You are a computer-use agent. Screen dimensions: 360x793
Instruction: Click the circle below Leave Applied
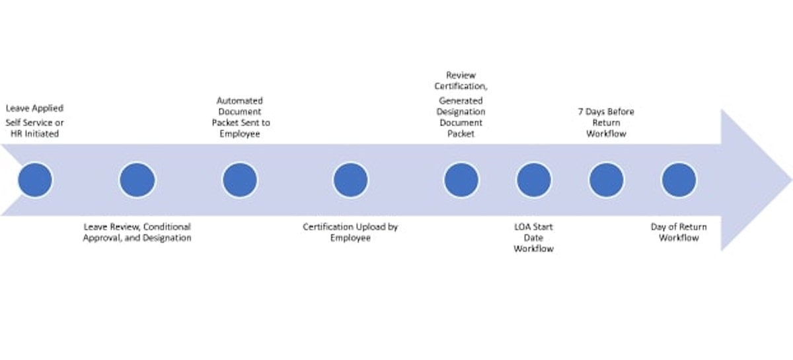(34, 180)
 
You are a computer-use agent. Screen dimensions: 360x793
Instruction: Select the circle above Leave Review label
(137, 180)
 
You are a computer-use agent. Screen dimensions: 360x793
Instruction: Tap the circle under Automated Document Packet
(239, 180)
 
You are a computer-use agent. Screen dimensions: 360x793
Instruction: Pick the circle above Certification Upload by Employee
(350, 180)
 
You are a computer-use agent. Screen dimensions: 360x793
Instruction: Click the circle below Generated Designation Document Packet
(461, 180)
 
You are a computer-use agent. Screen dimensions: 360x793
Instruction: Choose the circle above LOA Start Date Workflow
(533, 180)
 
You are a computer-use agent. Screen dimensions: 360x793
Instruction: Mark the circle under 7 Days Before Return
(606, 180)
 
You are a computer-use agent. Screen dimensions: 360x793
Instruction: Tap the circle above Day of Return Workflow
(679, 180)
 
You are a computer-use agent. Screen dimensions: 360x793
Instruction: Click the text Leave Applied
(34, 108)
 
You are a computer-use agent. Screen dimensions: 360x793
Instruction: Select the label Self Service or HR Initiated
(35, 128)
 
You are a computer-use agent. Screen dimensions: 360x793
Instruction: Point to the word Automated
(240, 100)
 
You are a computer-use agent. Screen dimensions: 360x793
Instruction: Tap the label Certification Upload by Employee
(350, 232)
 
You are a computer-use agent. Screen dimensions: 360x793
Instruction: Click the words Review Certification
(461, 81)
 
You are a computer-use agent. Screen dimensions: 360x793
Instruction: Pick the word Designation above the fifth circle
(461, 112)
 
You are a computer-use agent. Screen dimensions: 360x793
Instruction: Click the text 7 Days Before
(606, 112)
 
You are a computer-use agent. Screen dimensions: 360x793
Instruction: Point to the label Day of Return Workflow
(679, 232)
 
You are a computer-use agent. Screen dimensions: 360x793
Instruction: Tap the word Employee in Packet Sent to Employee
(240, 133)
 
